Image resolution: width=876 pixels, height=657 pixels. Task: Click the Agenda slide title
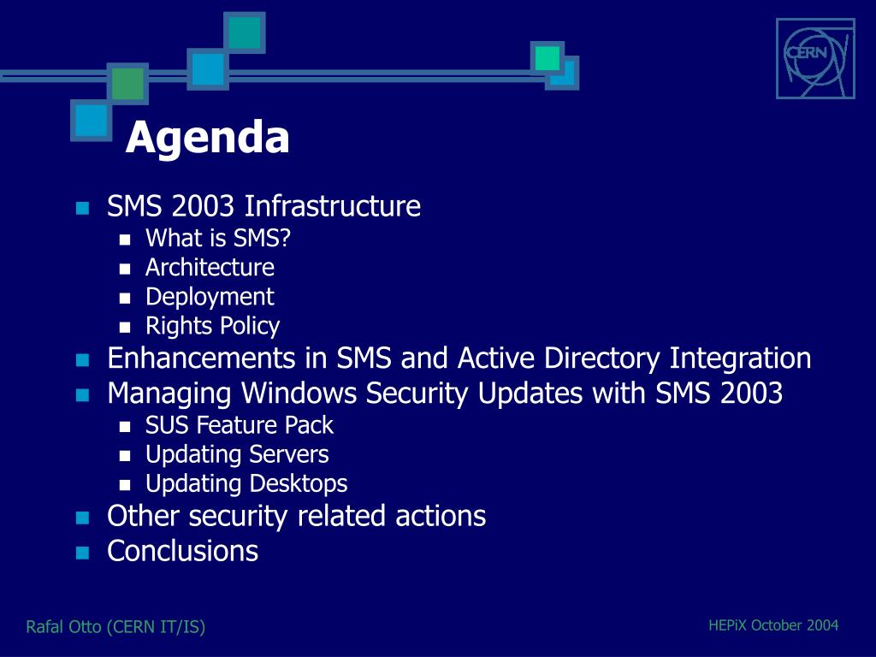click(x=207, y=138)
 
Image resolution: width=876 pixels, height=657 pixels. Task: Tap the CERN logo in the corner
click(x=815, y=59)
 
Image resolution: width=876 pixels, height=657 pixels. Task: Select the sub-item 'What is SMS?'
click(x=218, y=238)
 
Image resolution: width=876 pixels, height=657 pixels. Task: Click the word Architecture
click(x=210, y=267)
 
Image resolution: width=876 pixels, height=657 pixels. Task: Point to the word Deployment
click(x=210, y=297)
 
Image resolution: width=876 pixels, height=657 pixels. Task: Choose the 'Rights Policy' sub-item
click(x=212, y=326)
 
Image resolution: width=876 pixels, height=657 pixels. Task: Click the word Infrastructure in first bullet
click(x=333, y=205)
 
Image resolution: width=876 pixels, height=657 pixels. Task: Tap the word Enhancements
click(x=201, y=358)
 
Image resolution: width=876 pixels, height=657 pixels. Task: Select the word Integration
click(x=740, y=358)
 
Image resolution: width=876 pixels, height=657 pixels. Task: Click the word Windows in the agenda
click(x=299, y=393)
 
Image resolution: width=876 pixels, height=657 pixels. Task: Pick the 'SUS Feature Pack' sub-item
click(x=240, y=425)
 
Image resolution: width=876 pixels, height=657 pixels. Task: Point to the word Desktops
click(x=298, y=484)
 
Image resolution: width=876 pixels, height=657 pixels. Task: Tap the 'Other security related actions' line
click(x=296, y=516)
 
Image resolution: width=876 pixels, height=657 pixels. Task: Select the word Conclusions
click(x=183, y=551)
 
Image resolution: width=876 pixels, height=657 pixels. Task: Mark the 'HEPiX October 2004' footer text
click(x=773, y=625)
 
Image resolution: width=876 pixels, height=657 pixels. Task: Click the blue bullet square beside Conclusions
click(x=83, y=553)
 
